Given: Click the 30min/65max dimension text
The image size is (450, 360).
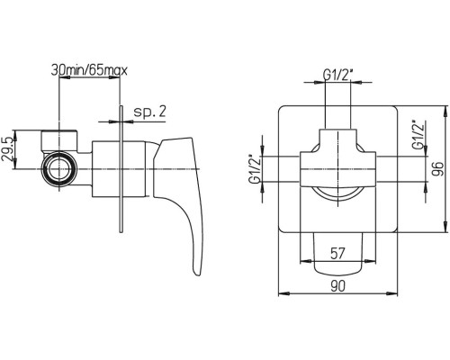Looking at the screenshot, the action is point(89,70).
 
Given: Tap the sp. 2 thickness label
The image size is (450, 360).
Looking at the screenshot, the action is point(149,112).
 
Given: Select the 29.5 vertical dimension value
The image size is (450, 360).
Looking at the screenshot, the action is point(7,149).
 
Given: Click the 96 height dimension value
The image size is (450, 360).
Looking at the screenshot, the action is point(438,169).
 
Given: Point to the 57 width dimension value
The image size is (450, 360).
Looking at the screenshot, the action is point(337,254).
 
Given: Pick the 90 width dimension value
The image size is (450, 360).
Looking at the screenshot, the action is point(337,286).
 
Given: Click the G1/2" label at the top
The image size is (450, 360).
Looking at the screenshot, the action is point(337,75).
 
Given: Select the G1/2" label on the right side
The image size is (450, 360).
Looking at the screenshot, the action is point(418,134).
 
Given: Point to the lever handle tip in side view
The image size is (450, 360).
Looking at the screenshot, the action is point(196,274).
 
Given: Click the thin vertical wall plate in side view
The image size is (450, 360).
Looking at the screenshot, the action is point(121,169).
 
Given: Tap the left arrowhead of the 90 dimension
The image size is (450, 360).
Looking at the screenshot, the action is point(282,293).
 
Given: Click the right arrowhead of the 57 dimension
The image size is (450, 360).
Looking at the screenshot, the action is point(373,261).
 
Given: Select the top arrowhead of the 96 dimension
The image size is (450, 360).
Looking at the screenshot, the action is point(445,110).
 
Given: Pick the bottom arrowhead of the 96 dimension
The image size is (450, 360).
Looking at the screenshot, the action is point(445,228).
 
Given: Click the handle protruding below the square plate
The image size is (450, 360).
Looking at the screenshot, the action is point(337,254).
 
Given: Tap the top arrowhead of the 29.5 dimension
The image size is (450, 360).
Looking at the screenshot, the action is point(16,134).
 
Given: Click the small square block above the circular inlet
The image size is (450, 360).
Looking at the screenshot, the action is point(59,140).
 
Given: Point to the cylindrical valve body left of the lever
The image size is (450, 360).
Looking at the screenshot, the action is point(119,169).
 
